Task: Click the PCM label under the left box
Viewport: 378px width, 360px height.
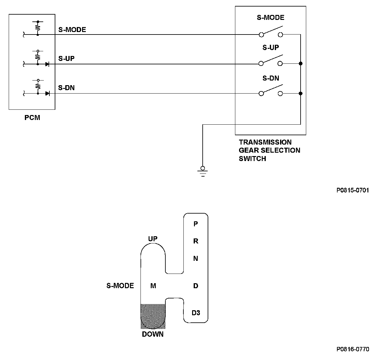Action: tap(32, 118)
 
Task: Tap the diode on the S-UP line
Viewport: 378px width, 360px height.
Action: tap(47, 64)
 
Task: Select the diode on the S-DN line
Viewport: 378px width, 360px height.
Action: tap(47, 94)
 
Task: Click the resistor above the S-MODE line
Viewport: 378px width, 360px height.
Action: tap(38, 27)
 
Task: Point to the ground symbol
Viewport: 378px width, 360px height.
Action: tap(203, 171)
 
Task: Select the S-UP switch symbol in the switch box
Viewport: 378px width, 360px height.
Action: tap(270, 61)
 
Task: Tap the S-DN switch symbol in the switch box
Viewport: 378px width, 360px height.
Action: tap(271, 90)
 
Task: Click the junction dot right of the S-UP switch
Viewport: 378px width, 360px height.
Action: tap(301, 63)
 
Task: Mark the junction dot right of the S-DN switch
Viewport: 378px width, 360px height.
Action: tap(301, 94)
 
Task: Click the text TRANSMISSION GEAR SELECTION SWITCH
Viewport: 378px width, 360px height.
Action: tap(270, 150)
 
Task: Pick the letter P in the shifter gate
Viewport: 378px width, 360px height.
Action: tap(196, 224)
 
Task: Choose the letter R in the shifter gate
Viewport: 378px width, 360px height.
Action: tap(196, 241)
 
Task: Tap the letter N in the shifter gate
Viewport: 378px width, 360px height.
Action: tap(196, 258)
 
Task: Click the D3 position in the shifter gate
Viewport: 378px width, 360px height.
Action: tap(196, 313)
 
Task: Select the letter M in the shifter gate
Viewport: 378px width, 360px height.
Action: tap(153, 286)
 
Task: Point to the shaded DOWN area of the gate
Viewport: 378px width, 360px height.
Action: tap(153, 316)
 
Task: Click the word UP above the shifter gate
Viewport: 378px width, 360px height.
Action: tap(153, 239)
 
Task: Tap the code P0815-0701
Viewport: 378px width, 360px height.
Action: tap(353, 190)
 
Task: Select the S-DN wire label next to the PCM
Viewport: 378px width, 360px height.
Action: tap(66, 88)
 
